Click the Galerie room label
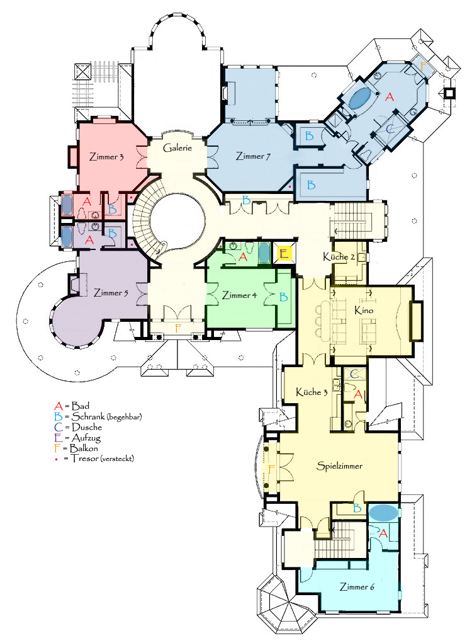(177, 147)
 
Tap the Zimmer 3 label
(106, 157)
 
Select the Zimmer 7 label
(253, 156)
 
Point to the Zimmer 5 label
(111, 293)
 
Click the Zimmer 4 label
(239, 295)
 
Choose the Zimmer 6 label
(357, 587)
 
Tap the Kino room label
(364, 310)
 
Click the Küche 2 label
(339, 257)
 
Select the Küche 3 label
(312, 392)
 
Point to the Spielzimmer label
(340, 466)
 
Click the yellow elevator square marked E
(284, 253)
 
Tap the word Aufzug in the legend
(86, 438)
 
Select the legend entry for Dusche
(78, 427)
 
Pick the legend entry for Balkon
(76, 448)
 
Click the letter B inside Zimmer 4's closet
(283, 297)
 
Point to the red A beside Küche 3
(358, 394)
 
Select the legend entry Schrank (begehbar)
(98, 417)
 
